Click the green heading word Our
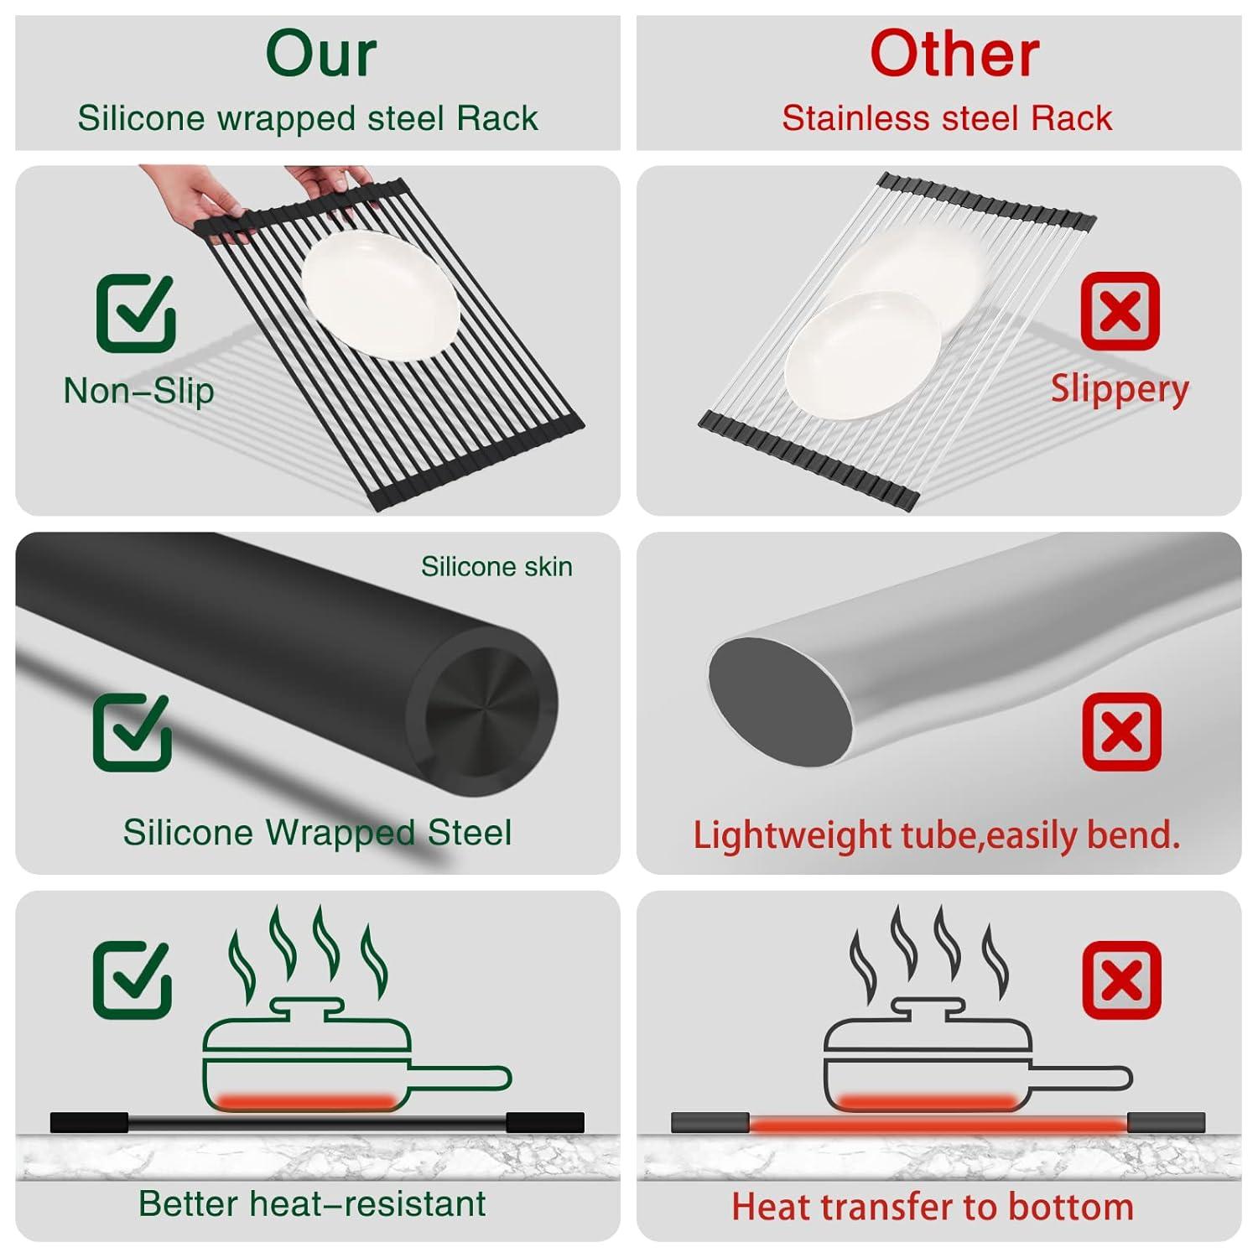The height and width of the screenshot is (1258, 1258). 320,55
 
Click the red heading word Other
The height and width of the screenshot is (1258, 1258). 954,55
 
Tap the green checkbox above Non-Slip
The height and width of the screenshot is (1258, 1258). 136,313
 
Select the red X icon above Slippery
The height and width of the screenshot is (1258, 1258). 1120,311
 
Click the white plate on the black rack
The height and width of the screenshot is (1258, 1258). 380,294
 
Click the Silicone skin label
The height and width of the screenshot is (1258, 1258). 496,567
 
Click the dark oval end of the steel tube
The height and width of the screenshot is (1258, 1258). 778,701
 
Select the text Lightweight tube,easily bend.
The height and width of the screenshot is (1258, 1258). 936,835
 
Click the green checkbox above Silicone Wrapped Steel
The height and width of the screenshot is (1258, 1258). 133,732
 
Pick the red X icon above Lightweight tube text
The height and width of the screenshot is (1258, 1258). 1121,732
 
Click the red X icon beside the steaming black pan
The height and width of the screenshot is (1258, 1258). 1121,980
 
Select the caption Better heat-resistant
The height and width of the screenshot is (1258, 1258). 312,1204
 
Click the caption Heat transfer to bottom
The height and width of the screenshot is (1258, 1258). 933,1207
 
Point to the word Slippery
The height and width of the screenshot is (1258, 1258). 1120,390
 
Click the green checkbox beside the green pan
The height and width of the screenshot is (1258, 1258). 133,980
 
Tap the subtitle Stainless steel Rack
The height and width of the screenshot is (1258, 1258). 946,118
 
